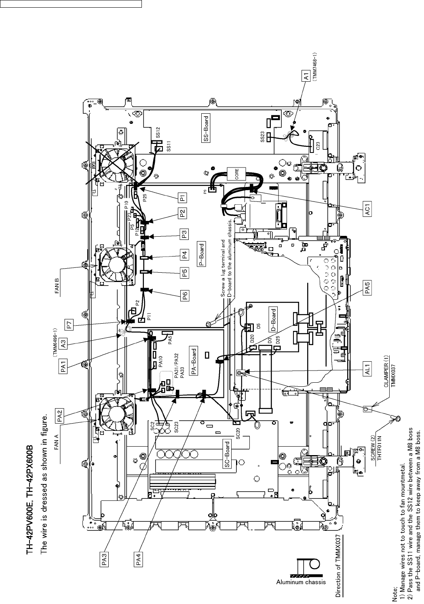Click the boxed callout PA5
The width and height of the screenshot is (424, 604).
(368, 289)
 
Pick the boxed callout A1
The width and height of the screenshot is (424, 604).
(307, 75)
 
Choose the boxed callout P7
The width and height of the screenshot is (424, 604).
(70, 324)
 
